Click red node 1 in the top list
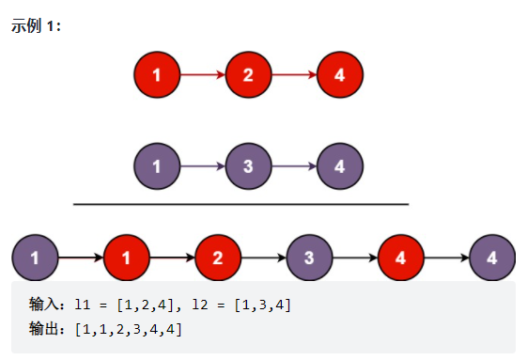click(x=157, y=74)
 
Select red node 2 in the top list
click(x=248, y=74)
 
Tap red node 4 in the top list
click(x=339, y=74)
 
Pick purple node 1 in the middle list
click(x=157, y=166)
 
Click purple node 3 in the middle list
click(x=248, y=166)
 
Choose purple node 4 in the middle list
click(x=339, y=166)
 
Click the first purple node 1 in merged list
click(x=35, y=257)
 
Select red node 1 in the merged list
click(x=127, y=257)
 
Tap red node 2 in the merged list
click(x=218, y=257)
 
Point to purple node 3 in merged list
click(x=309, y=257)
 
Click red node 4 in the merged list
click(x=400, y=257)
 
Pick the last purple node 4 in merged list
click(x=492, y=257)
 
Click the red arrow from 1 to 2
click(x=202, y=74)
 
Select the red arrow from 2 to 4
click(x=293, y=74)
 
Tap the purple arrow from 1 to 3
click(x=202, y=166)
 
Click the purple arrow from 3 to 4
click(x=293, y=166)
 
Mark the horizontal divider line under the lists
click(x=240, y=203)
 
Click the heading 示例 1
click(x=36, y=25)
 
